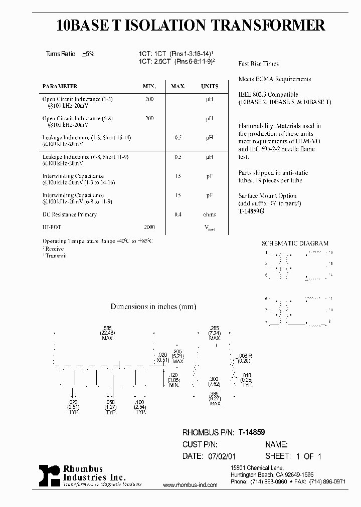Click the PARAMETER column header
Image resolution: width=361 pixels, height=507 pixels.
tap(60, 86)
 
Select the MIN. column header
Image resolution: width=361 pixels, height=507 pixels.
tap(149, 86)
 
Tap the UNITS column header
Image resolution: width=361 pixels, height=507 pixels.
tap(210, 86)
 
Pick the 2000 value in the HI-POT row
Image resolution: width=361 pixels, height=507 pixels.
tap(149, 227)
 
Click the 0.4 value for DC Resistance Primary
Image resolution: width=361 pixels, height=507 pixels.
tap(177, 214)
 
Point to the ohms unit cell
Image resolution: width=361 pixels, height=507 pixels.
tap(210, 214)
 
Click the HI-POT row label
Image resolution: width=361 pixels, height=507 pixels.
tap(50, 227)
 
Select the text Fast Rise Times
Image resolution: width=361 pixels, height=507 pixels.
tap(258, 64)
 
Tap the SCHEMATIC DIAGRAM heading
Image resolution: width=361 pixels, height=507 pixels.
tap(295, 243)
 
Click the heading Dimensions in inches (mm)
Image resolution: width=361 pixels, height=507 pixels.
tap(153, 307)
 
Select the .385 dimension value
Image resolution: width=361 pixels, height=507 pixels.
tap(215, 393)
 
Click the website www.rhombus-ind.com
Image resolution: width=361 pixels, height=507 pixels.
tap(191, 485)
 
